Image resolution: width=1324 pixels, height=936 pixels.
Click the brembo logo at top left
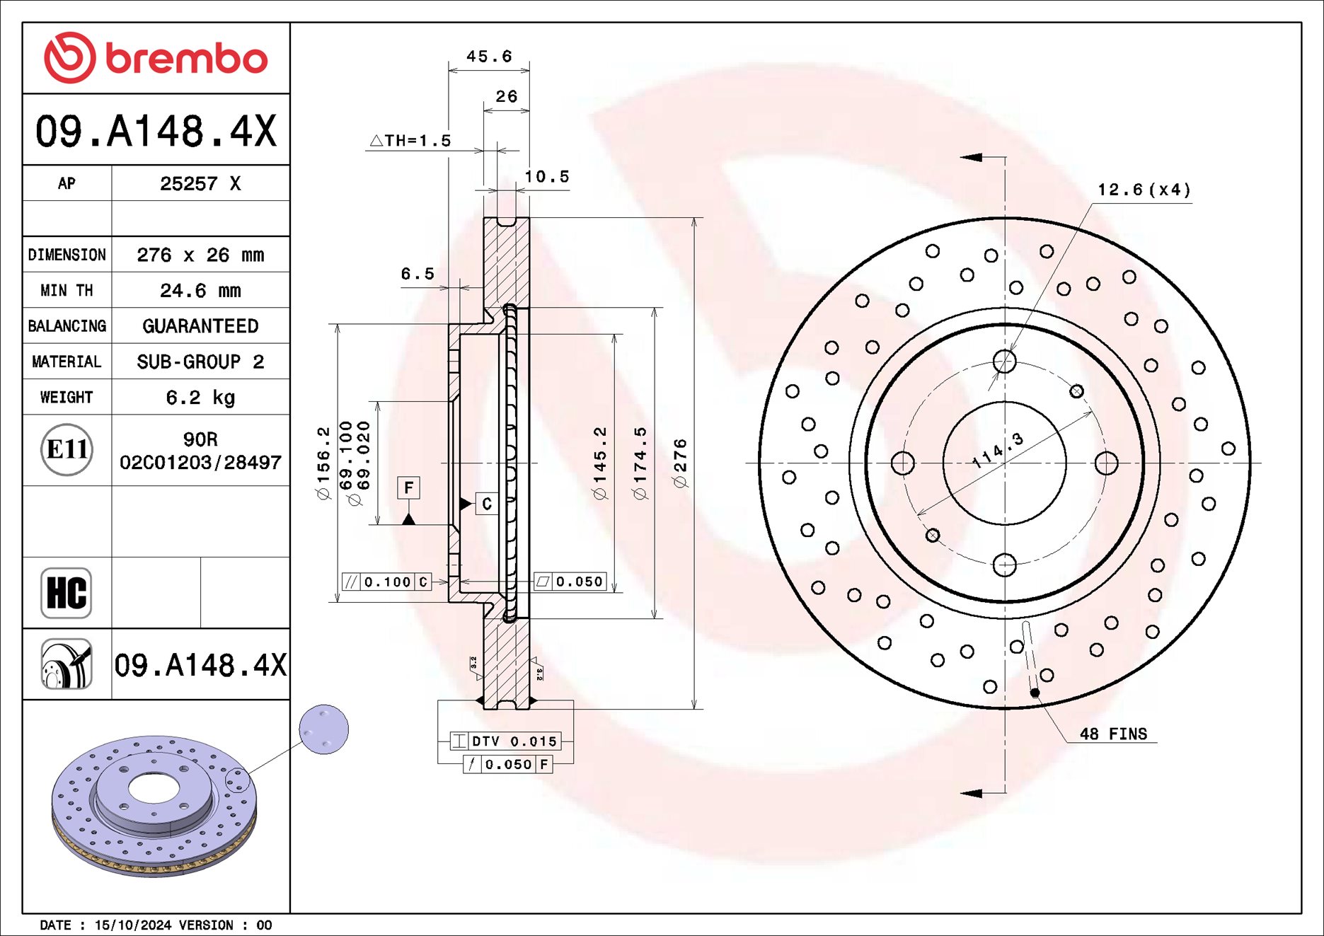156,58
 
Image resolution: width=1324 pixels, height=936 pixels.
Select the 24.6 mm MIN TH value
200,291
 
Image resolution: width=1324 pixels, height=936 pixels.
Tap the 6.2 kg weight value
200,398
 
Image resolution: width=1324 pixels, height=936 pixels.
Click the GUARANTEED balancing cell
200,326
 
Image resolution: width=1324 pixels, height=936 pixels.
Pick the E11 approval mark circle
67,450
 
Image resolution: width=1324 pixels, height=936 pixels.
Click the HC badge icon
67,593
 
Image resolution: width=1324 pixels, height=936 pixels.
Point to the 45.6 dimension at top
488,57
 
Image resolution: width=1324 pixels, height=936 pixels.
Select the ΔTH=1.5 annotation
410,141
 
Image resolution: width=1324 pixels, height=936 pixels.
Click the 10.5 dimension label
546,177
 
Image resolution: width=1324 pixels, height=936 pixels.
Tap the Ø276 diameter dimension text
680,463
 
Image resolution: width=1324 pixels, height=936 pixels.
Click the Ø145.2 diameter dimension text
600,463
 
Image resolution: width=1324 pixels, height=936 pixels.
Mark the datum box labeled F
408,488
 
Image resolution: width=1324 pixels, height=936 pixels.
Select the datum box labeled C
487,504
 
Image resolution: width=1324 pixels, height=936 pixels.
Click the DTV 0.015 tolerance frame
506,741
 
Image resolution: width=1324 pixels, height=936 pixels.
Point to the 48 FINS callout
1112,734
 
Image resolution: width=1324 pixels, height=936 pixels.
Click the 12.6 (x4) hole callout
1144,190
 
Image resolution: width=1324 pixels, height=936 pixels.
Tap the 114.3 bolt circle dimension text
998,451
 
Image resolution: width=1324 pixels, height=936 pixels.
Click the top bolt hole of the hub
1004,362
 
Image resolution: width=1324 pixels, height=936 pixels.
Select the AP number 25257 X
200,184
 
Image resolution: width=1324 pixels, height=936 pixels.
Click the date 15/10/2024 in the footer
133,925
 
